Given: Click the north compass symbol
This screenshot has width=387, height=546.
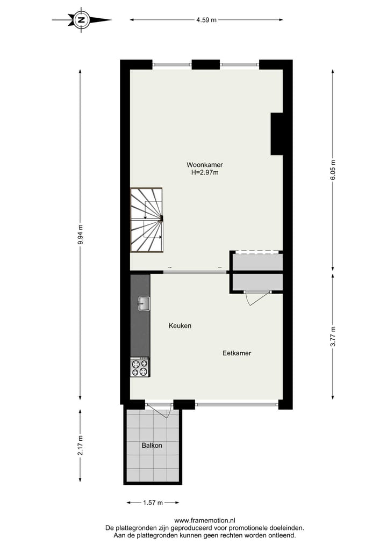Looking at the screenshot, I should click(x=82, y=20).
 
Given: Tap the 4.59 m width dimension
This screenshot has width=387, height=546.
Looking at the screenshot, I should click(x=206, y=20).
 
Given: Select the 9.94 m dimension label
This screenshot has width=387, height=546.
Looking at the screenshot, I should click(x=81, y=234).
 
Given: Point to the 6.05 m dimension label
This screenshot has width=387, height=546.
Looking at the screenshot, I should click(x=333, y=171).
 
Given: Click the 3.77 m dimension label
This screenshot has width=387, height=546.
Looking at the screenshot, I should click(x=333, y=336).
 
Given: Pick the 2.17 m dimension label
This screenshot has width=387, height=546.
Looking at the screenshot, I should click(x=81, y=445).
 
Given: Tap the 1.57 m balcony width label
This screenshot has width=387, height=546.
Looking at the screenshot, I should click(x=153, y=503).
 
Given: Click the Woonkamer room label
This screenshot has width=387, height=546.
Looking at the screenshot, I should click(x=205, y=165).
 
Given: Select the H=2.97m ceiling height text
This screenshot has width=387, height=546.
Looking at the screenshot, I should click(x=205, y=173).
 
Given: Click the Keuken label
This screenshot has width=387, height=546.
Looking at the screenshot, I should click(x=180, y=326).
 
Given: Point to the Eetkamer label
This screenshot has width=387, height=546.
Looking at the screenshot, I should click(x=237, y=353).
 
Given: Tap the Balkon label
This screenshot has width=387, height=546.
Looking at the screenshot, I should click(x=152, y=446).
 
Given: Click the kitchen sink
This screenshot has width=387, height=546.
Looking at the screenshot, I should click(x=142, y=304).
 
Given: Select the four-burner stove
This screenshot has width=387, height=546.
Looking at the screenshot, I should click(x=140, y=367).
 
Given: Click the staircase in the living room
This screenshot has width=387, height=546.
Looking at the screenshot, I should click(x=146, y=220).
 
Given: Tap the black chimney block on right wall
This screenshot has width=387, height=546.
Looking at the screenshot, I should click(x=276, y=134).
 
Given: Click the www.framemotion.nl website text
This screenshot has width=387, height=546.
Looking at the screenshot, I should click(x=205, y=520).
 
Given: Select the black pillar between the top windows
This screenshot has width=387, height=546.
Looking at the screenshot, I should click(x=205, y=64).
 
